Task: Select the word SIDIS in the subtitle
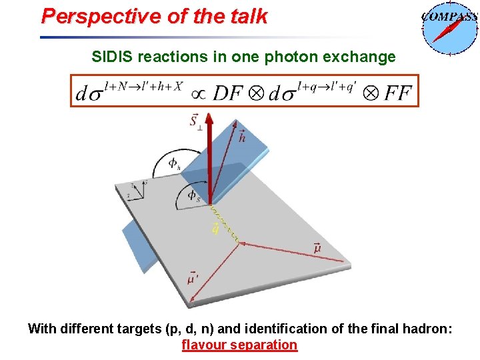tap(113, 57)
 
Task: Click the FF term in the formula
tap(397, 93)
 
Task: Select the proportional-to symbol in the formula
tap(198, 93)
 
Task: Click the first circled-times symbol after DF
tap(256, 93)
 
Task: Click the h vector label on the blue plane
tap(241, 137)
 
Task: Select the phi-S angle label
tap(193, 195)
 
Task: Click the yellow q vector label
tap(215, 229)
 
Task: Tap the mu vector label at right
tap(317, 248)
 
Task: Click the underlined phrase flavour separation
tap(239, 345)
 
